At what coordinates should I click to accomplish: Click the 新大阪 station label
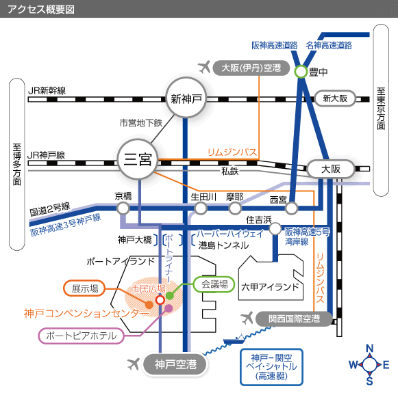coord(335,98)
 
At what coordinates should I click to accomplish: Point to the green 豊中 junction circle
coord(301,71)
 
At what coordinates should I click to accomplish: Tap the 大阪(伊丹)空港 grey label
coord(251,68)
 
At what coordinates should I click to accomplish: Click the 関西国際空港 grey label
coord(294,318)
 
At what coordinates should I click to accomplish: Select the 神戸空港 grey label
coord(175,364)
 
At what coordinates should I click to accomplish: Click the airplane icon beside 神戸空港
coord(134,364)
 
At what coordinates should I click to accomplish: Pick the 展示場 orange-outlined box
coord(84,288)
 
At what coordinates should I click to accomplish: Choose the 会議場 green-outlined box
coord(214,284)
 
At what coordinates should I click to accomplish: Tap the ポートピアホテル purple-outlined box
coord(82,336)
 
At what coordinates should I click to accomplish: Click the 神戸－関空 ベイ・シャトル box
coord(271,367)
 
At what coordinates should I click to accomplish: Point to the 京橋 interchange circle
coord(123,208)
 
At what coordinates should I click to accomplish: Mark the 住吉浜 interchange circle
coord(275,229)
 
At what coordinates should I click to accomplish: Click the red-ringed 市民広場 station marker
coord(160,300)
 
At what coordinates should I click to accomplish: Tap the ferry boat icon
coord(234,339)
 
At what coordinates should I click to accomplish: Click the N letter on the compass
coord(370,349)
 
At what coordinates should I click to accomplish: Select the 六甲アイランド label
coord(270,287)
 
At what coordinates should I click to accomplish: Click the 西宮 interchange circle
coord(291,208)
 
